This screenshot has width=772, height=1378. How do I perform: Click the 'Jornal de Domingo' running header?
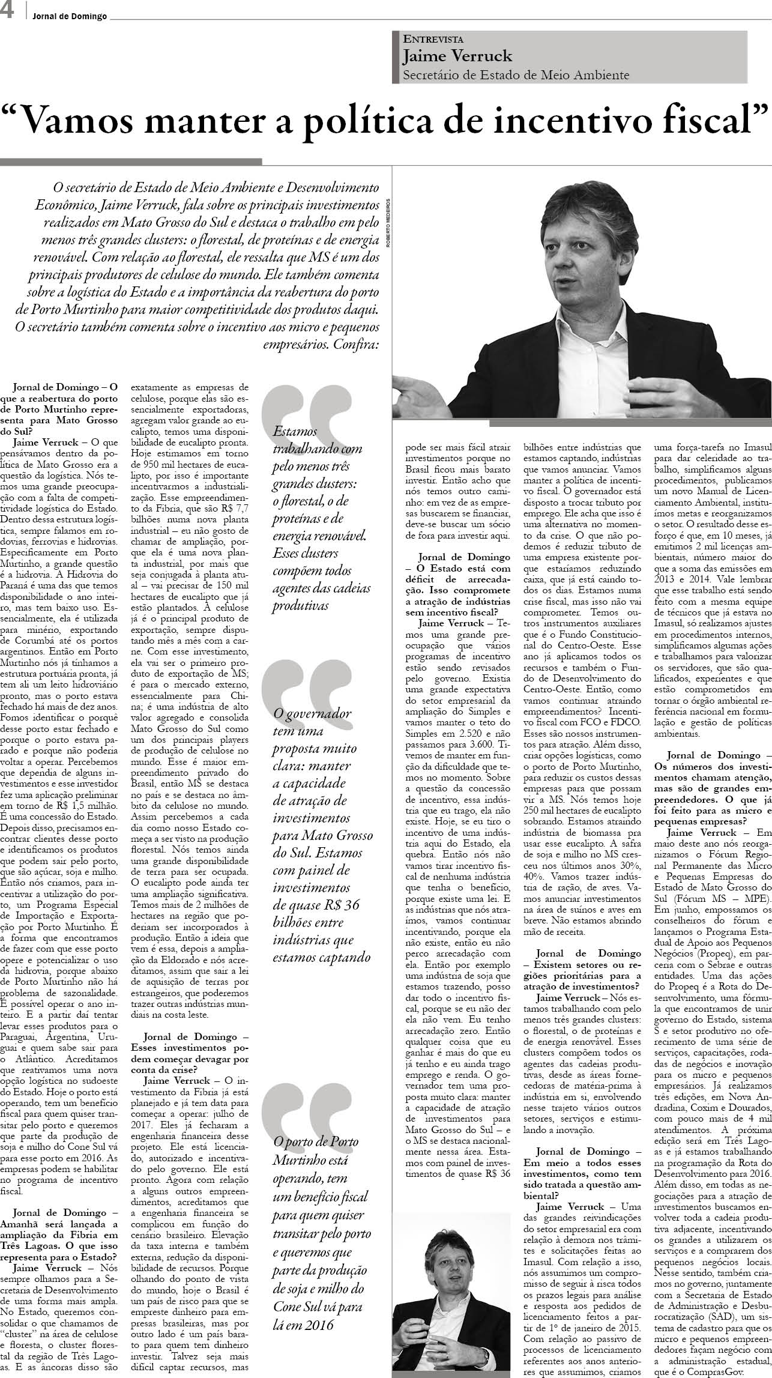(x=69, y=17)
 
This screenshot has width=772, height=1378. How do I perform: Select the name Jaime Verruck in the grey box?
(x=457, y=56)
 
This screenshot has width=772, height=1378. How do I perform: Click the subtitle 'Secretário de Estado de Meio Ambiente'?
(x=516, y=75)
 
